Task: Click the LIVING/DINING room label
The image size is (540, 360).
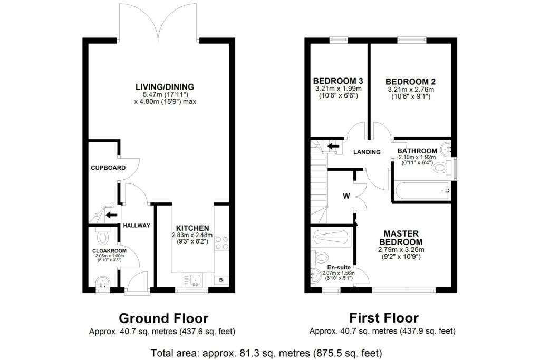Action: pyautogui.click(x=165, y=86)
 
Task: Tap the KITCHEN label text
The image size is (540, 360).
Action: pyautogui.click(x=192, y=228)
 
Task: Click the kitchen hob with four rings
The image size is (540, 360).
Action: pyautogui.click(x=222, y=243)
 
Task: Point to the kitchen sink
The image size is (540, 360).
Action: pyautogui.click(x=192, y=279)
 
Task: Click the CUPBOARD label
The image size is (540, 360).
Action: pyautogui.click(x=108, y=168)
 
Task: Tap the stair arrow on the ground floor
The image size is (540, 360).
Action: pyautogui.click(x=111, y=215)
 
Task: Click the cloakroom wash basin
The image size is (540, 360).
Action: pyautogui.click(x=102, y=284)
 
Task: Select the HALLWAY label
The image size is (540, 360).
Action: pyautogui.click(x=137, y=226)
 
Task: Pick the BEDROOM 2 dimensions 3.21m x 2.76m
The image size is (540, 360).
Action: pyautogui.click(x=410, y=90)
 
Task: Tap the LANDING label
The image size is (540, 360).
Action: pyautogui.click(x=367, y=152)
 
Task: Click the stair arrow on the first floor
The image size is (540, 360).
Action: pyautogui.click(x=333, y=146)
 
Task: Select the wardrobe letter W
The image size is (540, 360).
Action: pyautogui.click(x=346, y=197)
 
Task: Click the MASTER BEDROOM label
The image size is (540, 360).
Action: pyautogui.click(x=401, y=237)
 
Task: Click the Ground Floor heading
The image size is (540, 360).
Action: pyautogui.click(x=163, y=318)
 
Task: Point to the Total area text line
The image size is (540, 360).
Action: pyautogui.click(x=266, y=353)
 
